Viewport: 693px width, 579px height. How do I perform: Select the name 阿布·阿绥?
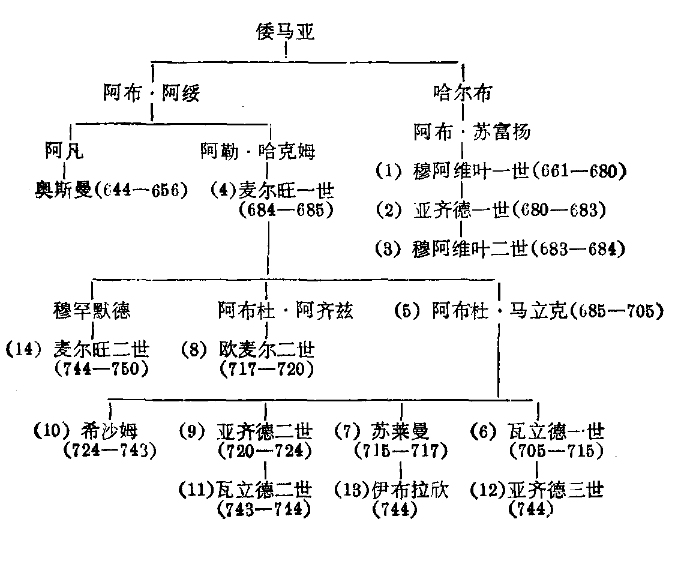(151, 94)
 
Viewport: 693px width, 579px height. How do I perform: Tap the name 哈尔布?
(462, 93)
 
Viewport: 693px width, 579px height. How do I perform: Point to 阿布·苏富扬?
(472, 132)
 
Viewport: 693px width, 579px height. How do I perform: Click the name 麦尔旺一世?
(286, 191)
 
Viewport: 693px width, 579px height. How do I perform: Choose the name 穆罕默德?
(91, 310)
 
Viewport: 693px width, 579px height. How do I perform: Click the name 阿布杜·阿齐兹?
(286, 310)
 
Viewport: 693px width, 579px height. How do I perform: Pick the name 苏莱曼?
(401, 431)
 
